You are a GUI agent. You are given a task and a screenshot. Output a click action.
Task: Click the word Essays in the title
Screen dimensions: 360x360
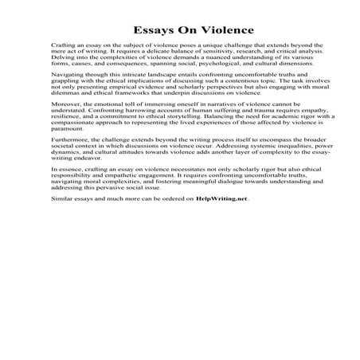(132, 30)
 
